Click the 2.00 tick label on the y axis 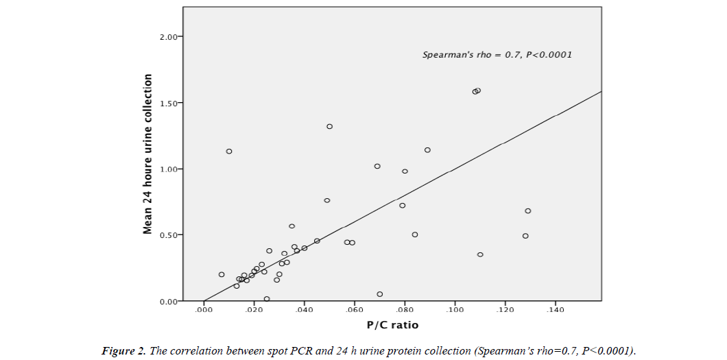[x=169, y=36]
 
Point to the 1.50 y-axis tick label [x=169, y=103]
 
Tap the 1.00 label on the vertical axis [x=169, y=169]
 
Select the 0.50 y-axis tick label [x=169, y=235]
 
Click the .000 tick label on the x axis [x=204, y=311]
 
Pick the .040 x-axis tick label [x=304, y=311]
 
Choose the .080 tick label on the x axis [x=405, y=311]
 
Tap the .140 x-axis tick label [x=555, y=311]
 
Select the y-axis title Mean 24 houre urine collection [x=147, y=154]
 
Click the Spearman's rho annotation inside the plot [x=497, y=54]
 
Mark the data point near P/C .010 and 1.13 [x=229, y=151]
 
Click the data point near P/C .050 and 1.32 [x=329, y=126]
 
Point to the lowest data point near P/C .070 [x=380, y=294]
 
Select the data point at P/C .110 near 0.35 [x=480, y=254]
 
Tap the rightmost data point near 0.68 [x=528, y=211]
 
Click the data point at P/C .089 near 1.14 [x=427, y=149]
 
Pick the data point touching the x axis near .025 [x=267, y=299]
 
